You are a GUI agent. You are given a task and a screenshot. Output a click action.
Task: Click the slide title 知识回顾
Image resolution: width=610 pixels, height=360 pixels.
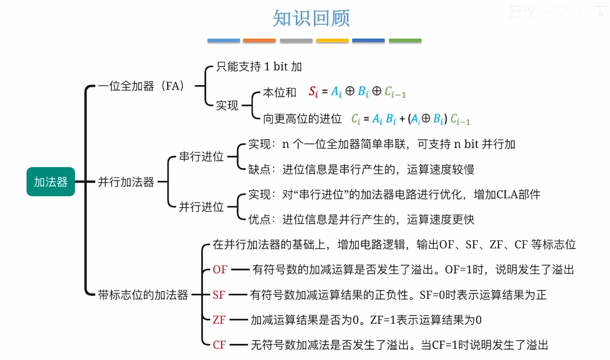(x=311, y=18)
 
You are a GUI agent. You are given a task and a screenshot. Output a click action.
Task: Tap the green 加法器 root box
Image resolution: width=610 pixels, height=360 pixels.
(x=51, y=182)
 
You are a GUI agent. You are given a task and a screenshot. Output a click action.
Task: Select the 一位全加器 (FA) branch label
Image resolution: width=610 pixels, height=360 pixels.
(x=141, y=86)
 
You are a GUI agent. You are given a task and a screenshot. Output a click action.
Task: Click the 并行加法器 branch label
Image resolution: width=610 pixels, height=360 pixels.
(x=126, y=182)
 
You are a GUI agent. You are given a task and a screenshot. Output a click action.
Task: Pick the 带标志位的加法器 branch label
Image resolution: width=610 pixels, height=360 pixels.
(x=143, y=295)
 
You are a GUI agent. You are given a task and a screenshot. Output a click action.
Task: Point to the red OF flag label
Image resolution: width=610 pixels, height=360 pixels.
(x=220, y=269)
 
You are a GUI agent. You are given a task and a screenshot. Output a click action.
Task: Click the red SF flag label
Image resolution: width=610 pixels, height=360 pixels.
(x=219, y=295)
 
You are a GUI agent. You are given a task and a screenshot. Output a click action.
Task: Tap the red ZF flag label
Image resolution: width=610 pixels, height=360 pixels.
(x=219, y=320)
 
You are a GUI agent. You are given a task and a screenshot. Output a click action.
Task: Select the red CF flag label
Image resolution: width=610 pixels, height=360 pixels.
(x=219, y=345)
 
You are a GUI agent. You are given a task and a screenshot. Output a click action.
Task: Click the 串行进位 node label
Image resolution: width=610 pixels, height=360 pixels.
(x=201, y=156)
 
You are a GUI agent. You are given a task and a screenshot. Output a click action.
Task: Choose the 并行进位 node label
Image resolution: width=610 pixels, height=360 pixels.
(x=201, y=207)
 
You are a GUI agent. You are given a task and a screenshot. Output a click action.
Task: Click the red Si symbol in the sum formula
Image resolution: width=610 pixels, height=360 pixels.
(x=313, y=91)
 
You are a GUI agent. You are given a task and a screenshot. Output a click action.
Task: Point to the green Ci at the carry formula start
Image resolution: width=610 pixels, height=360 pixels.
(x=355, y=119)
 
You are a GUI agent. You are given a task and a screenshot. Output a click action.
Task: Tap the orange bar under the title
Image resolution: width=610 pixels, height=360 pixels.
(x=259, y=40)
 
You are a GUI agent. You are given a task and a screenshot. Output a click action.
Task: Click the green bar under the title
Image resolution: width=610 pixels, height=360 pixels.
(x=405, y=40)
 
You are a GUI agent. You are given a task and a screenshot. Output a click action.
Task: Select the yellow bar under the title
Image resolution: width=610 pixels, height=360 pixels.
(x=332, y=40)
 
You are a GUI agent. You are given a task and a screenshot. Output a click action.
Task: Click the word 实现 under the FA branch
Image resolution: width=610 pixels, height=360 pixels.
(x=227, y=106)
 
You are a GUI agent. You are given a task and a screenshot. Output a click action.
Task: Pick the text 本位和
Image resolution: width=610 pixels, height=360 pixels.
(x=279, y=92)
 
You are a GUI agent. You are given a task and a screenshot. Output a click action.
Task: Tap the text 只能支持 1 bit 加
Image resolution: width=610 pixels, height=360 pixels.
(x=259, y=67)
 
